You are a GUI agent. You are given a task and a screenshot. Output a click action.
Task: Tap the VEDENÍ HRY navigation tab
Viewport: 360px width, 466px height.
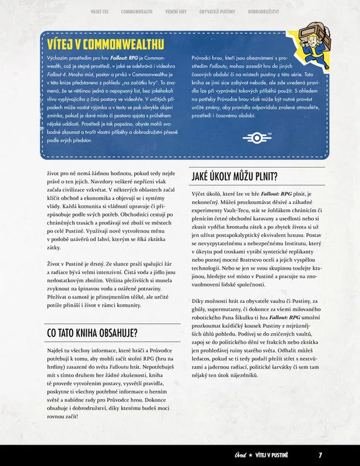coord(175,12)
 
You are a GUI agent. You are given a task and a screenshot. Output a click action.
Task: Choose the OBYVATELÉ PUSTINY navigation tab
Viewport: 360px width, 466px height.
coord(218,12)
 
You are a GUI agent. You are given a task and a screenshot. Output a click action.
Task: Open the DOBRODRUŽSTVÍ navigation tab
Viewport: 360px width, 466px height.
coord(263,12)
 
